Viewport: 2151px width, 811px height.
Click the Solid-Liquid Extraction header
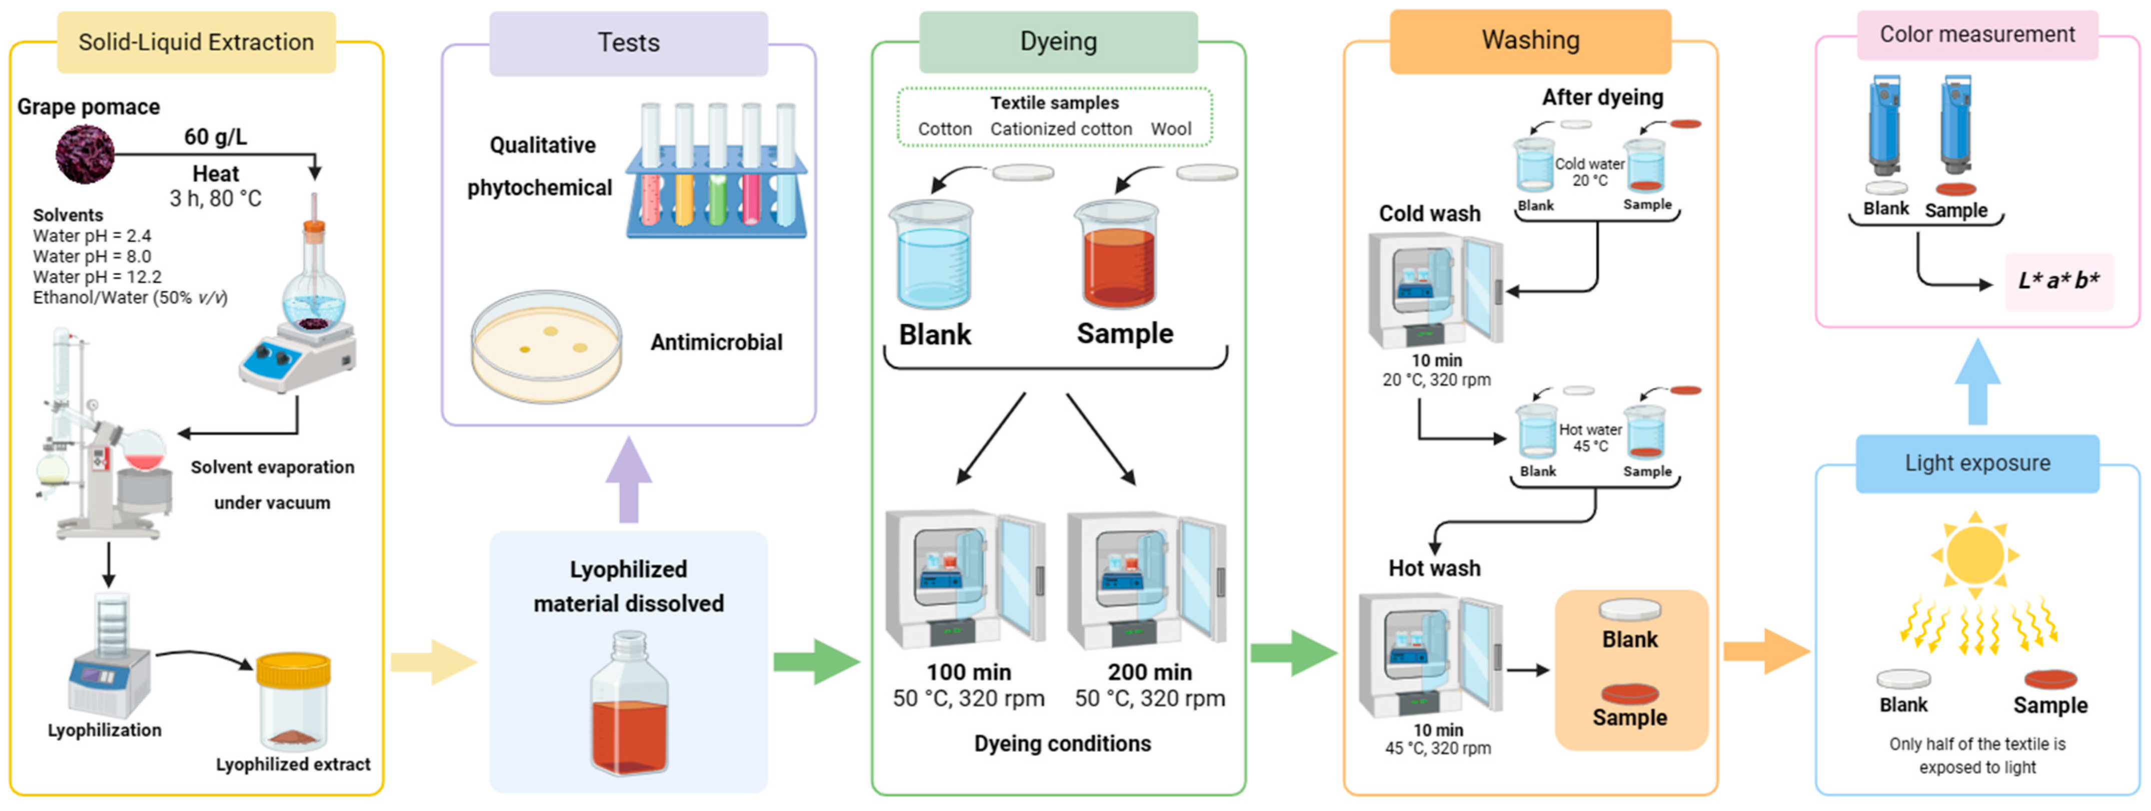(196, 42)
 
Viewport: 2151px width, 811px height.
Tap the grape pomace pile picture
(85, 154)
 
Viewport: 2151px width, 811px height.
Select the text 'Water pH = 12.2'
(97, 276)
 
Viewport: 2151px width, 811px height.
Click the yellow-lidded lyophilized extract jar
(293, 701)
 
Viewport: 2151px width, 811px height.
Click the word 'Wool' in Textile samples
(1171, 128)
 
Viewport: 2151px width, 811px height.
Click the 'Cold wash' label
(1429, 214)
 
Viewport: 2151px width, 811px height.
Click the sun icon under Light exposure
(1975, 554)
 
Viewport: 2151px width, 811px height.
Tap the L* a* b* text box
(2058, 280)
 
